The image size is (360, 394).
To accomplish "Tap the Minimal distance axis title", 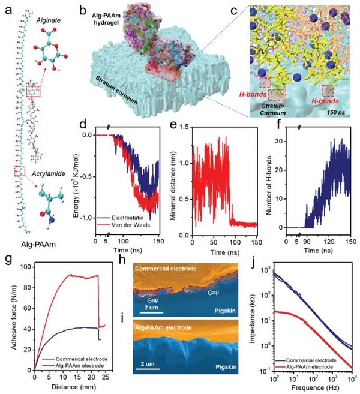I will (175, 181).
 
